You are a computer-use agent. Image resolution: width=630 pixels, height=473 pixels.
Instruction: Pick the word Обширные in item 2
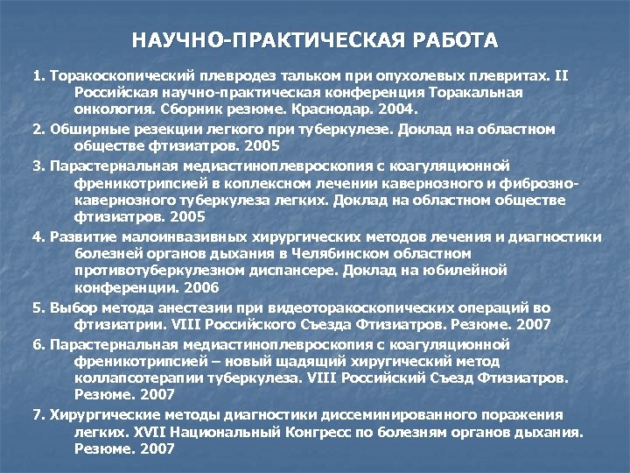coord(84,129)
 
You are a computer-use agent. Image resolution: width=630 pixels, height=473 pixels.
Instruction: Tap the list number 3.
coord(37,165)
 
